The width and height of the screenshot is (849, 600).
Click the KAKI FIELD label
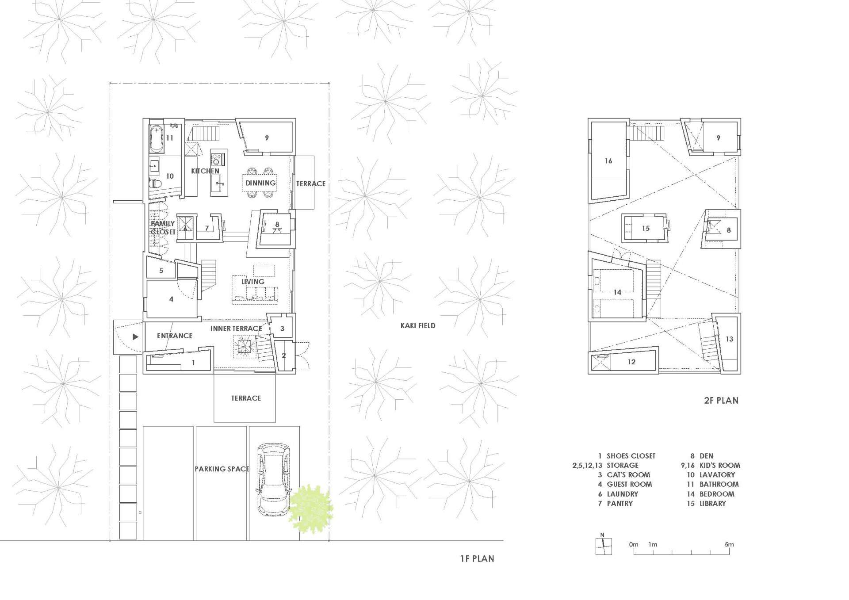[x=418, y=325]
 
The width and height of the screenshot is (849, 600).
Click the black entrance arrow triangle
[x=135, y=337]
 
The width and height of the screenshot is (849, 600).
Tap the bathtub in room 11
[x=156, y=138]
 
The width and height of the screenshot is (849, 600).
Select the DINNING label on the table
[x=260, y=183]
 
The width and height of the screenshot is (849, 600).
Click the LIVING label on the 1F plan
[x=253, y=281]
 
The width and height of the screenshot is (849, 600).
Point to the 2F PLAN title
[x=721, y=401]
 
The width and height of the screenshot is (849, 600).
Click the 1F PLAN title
[x=477, y=559]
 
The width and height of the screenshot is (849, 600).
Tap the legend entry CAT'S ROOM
[x=628, y=475]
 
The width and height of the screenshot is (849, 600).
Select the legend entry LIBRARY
[x=713, y=503]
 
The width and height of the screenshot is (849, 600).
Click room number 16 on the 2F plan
[x=608, y=161]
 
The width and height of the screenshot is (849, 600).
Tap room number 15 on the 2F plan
[x=646, y=229]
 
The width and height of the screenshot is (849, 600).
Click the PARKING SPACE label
[x=222, y=469]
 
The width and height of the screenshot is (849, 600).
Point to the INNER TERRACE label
[x=236, y=329]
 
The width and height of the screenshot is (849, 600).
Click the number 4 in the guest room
[x=171, y=299]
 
